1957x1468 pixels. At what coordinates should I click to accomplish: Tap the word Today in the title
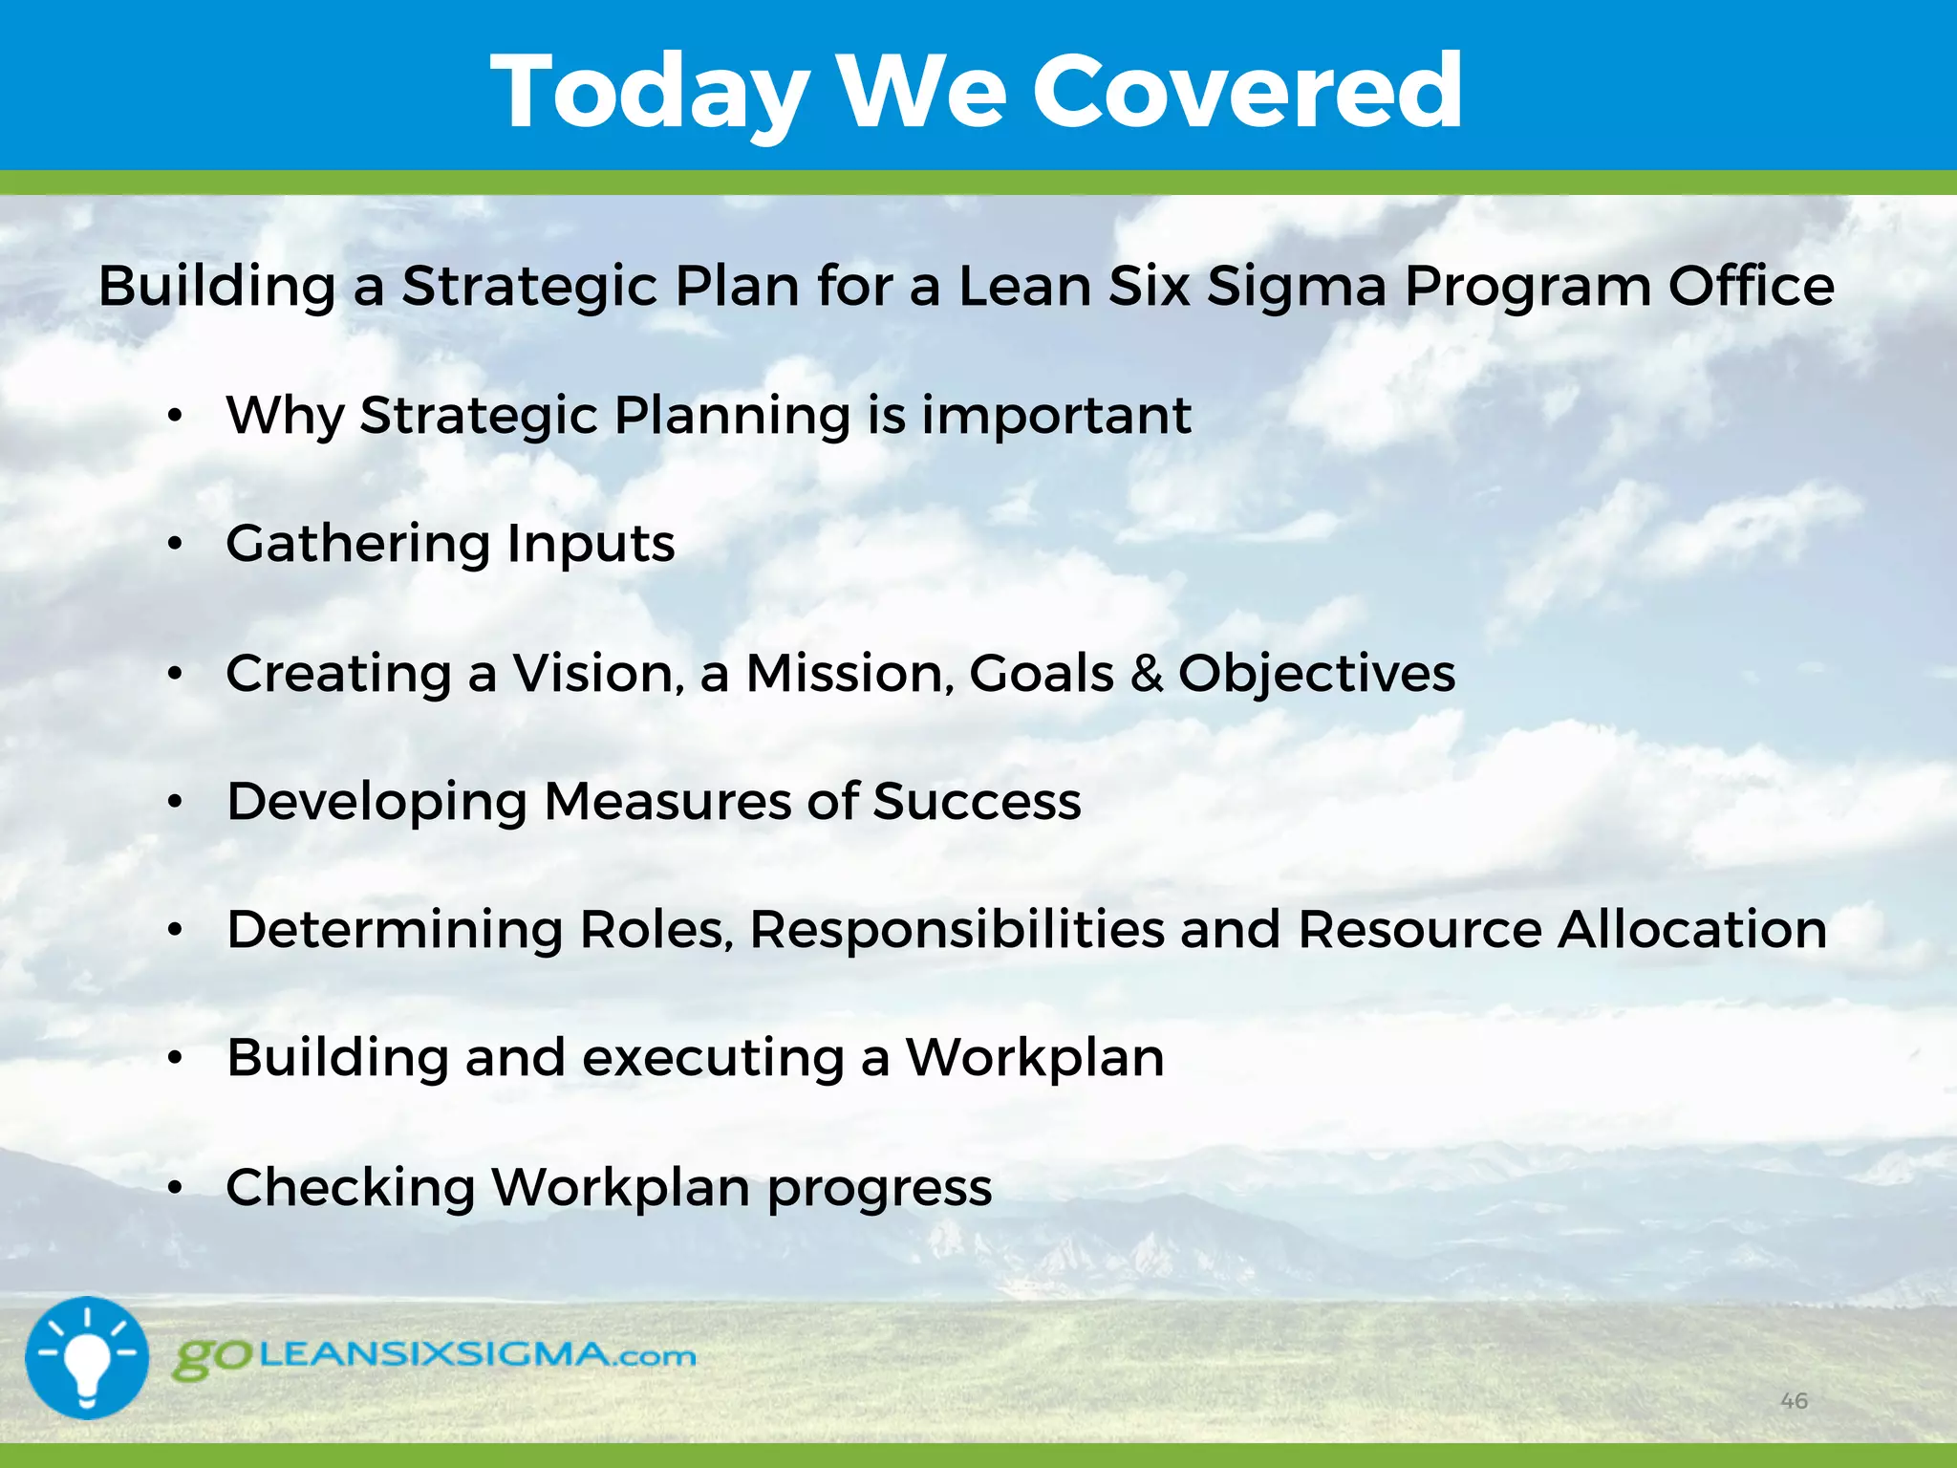pos(650,94)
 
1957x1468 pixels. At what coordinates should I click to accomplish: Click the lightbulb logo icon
pos(87,1357)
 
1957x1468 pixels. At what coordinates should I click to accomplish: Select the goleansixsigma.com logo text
pos(435,1356)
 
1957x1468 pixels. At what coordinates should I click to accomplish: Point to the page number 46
pos(1794,1401)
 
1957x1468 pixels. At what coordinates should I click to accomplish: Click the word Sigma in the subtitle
pos(1296,286)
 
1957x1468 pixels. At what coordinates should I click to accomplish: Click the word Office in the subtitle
pos(1751,286)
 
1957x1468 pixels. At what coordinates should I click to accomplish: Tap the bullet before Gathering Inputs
pos(174,544)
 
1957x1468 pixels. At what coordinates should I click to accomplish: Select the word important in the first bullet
pos(1056,416)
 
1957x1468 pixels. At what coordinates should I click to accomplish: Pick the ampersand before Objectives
pos(1146,673)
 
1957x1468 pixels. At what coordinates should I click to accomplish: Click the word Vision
pos(598,673)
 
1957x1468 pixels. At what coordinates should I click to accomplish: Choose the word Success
pos(977,801)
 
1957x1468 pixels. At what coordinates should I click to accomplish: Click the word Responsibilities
pos(957,929)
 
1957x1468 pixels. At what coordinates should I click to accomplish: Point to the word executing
pos(713,1058)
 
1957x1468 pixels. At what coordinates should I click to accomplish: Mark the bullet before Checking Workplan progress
pos(174,1187)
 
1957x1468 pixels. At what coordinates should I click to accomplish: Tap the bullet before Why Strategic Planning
pos(174,416)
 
